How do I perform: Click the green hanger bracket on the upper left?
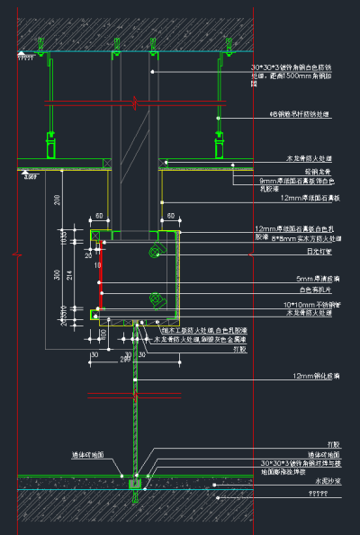[x=50, y=144]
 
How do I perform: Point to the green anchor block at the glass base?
[x=135, y=483]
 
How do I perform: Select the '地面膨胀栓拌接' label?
[x=290, y=470]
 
